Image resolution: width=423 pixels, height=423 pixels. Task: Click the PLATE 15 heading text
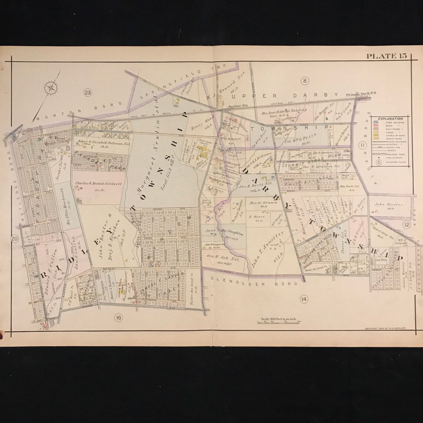pos(387,56)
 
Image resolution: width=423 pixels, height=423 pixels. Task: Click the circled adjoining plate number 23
pos(88,92)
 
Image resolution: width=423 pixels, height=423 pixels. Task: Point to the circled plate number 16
pos(118,317)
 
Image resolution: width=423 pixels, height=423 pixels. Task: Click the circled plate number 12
pos(407,224)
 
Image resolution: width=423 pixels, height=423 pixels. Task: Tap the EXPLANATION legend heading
pos(390,119)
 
